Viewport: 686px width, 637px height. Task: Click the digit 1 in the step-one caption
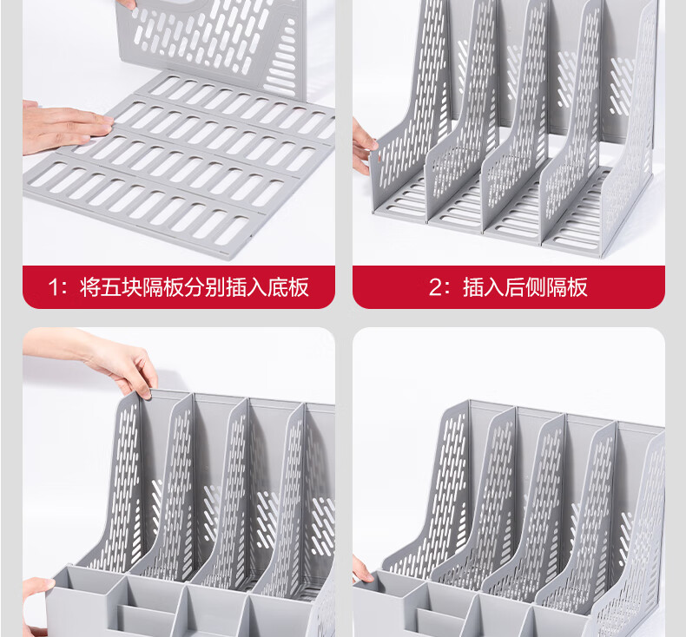pyautogui.click(x=53, y=287)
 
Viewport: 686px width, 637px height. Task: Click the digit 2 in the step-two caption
pyautogui.click(x=436, y=287)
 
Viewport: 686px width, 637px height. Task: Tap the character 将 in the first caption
pyautogui.click(x=89, y=287)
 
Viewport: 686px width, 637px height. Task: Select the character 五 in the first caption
pyautogui.click(x=110, y=287)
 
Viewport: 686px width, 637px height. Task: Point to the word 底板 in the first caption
pyautogui.click(x=288, y=287)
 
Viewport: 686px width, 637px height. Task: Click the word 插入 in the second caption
pyautogui.click(x=484, y=287)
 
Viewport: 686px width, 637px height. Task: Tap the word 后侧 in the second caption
pyautogui.click(x=525, y=287)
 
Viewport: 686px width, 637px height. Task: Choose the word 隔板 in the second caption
pyautogui.click(x=567, y=287)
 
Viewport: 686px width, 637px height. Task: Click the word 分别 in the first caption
pyautogui.click(x=205, y=287)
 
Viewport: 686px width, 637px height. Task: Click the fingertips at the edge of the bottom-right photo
pyautogui.click(x=361, y=568)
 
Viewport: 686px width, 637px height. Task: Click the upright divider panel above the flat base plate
pyautogui.click(x=210, y=43)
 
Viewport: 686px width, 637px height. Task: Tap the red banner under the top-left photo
pyautogui.click(x=179, y=286)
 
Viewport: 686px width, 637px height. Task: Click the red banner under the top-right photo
pyautogui.click(x=509, y=286)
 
